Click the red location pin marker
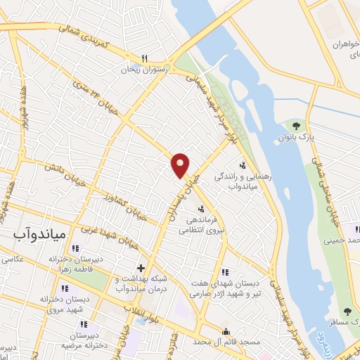181,165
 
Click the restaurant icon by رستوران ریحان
144,58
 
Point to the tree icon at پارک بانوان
297,126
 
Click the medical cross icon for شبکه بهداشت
141,268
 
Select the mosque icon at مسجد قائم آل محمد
226,333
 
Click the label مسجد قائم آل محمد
225,342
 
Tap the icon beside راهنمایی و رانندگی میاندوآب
243,166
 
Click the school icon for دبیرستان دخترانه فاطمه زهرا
75,247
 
